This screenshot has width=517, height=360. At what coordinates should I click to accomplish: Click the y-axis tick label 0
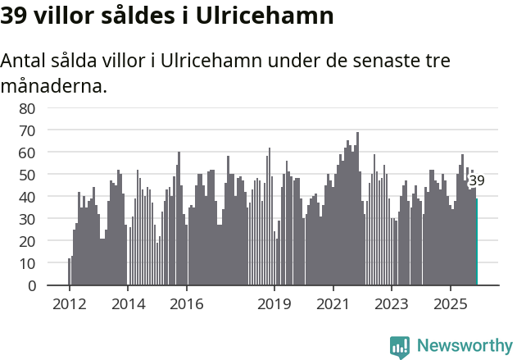31,286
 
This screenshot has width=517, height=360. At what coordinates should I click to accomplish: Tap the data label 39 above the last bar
477,181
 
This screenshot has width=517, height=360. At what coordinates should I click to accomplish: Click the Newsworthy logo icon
400,347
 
